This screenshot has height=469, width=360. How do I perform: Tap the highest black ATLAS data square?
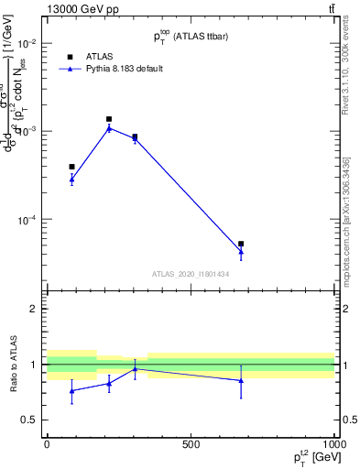[x=109, y=119]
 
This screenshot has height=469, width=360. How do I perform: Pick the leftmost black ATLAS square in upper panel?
[x=71, y=167]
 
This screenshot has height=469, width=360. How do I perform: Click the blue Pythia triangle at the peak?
[x=109, y=128]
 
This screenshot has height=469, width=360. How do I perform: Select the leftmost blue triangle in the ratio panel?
[x=71, y=391]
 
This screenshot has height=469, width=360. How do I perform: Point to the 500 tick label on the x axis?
[x=191, y=444]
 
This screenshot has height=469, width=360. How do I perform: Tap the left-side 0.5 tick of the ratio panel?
[x=29, y=420]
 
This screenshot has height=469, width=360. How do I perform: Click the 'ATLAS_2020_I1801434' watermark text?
[x=190, y=274]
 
